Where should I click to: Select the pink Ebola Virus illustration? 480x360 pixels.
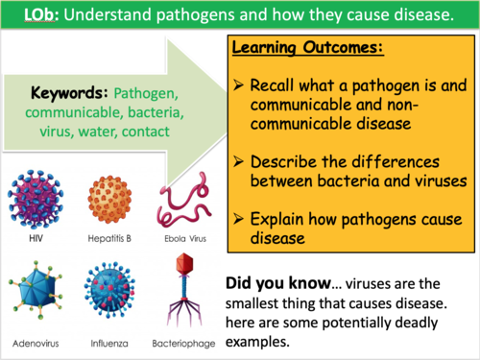[x=181, y=197]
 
